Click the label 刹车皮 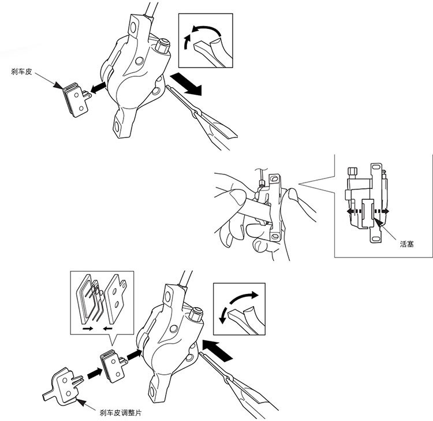(x=21, y=72)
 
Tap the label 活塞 (x=407, y=244)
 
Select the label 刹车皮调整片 (x=121, y=413)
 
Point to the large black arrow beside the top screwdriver (x=186, y=84)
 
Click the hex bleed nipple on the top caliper (x=162, y=46)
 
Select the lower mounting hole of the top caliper (x=117, y=126)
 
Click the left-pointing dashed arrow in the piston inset (x=354, y=211)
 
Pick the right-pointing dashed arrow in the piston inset (x=382, y=211)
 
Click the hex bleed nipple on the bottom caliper (x=196, y=314)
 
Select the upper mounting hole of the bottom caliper (x=167, y=296)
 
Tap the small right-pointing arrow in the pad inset (x=88, y=329)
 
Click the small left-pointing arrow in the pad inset (x=108, y=329)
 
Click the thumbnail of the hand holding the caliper (x=265, y=214)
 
